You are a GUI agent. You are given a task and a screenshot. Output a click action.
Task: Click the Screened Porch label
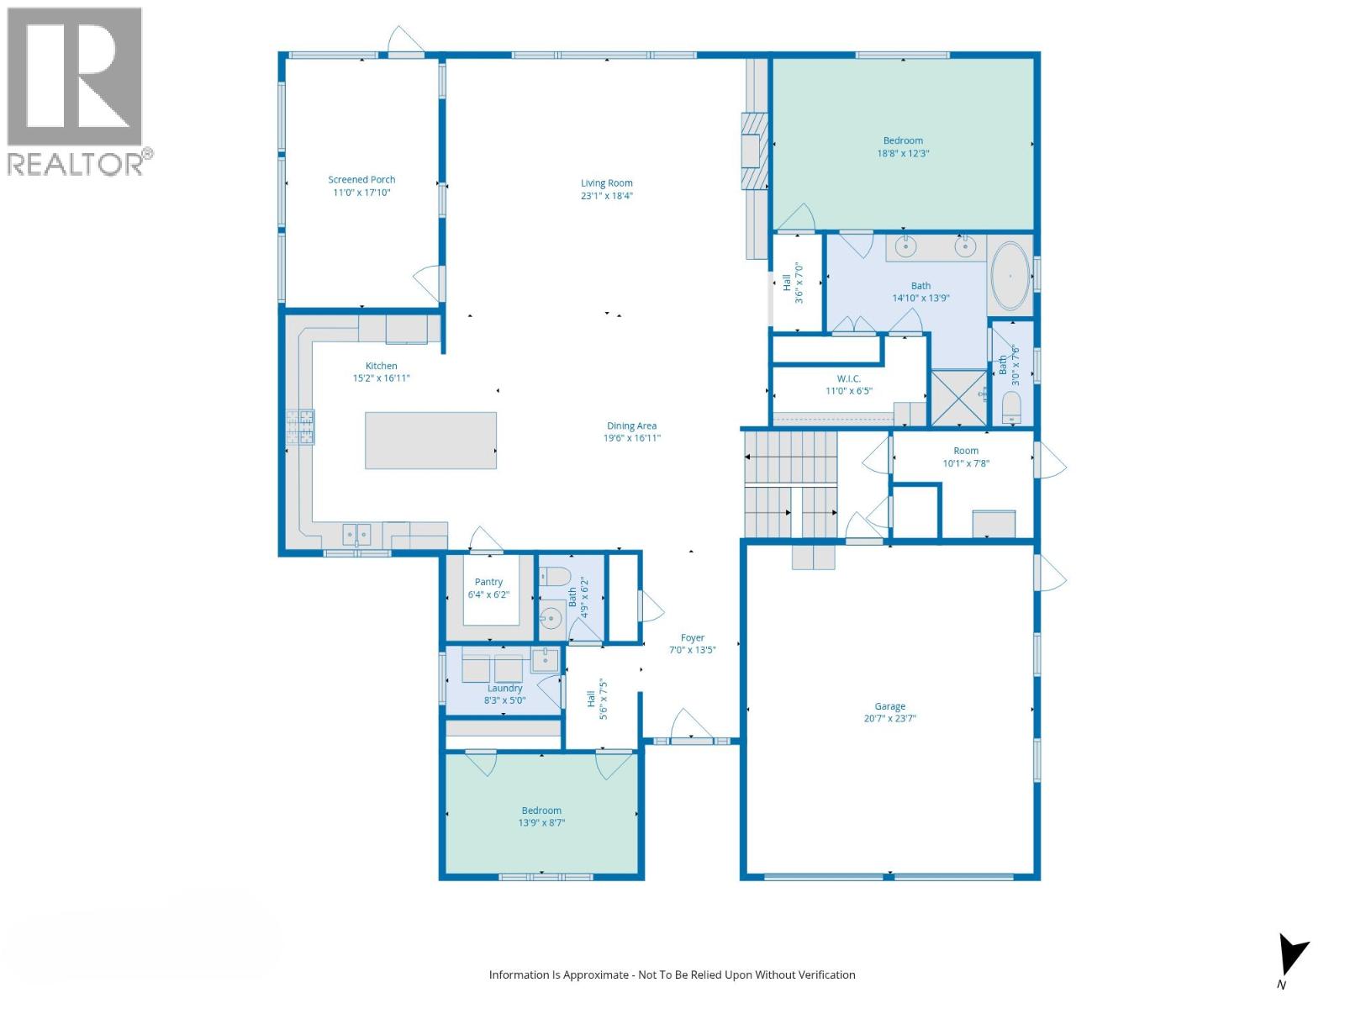point(361,179)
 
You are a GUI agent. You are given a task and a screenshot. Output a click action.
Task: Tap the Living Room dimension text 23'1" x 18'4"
point(606,196)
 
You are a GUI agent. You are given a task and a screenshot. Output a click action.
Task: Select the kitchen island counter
point(430,440)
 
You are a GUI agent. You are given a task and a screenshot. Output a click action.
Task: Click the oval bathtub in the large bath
point(1010,275)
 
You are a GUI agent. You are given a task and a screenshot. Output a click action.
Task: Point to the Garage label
point(889,706)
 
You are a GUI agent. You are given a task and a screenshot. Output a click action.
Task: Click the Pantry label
point(488,582)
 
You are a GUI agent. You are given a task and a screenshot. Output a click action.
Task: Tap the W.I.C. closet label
point(848,378)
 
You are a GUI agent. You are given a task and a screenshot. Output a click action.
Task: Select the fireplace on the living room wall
point(754,152)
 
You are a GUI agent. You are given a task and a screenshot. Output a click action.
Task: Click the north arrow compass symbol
point(1291,956)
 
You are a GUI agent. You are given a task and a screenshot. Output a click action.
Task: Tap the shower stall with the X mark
point(958,398)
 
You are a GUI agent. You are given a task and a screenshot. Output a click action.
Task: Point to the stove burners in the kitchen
point(300,426)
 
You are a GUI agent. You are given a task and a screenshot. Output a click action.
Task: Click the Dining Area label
point(631,425)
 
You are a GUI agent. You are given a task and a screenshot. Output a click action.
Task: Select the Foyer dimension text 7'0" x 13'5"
point(692,650)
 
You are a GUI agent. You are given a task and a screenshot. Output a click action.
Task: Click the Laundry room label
point(504,688)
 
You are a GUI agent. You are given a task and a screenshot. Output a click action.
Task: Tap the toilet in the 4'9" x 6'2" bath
point(555,577)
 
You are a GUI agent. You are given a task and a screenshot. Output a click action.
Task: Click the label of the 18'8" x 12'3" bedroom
point(903,140)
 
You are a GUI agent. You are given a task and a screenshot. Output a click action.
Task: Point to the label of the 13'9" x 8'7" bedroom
point(541,811)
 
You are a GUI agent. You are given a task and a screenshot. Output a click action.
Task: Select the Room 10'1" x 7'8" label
point(966,451)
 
